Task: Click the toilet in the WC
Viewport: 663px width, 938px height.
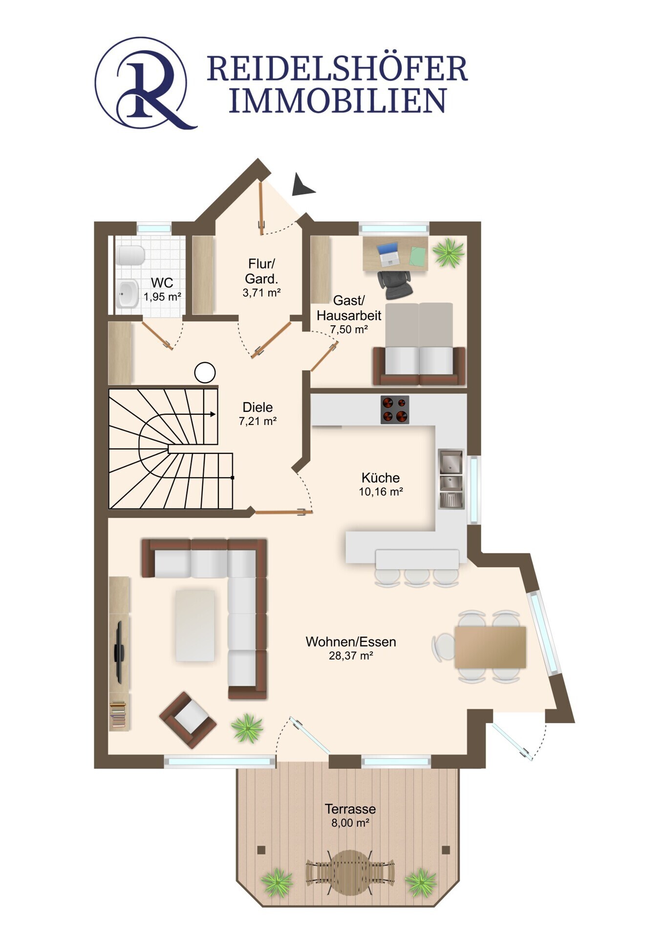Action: (130, 255)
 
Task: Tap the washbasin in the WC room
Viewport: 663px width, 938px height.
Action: (128, 293)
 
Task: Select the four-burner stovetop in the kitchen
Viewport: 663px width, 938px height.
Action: (395, 409)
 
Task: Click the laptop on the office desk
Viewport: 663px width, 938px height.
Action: (388, 255)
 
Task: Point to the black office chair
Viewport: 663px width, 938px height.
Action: (395, 285)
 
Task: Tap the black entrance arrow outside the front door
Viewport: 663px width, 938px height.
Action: (302, 185)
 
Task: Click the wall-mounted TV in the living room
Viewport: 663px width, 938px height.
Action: (119, 652)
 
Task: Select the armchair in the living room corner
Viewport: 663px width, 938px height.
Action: (188, 720)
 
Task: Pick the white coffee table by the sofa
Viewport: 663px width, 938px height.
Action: (195, 625)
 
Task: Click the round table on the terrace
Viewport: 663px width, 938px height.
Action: (350, 872)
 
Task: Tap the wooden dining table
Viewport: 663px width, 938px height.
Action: (490, 647)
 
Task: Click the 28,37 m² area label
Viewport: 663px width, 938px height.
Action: (351, 656)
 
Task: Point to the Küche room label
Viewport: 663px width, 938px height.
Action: (381, 477)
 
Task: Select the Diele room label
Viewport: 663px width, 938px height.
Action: (257, 407)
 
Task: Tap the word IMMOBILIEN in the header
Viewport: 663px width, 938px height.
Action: (338, 101)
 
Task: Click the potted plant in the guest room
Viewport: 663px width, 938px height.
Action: (448, 253)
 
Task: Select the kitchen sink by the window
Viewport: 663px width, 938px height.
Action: (451, 479)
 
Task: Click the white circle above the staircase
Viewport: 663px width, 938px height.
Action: (205, 373)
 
